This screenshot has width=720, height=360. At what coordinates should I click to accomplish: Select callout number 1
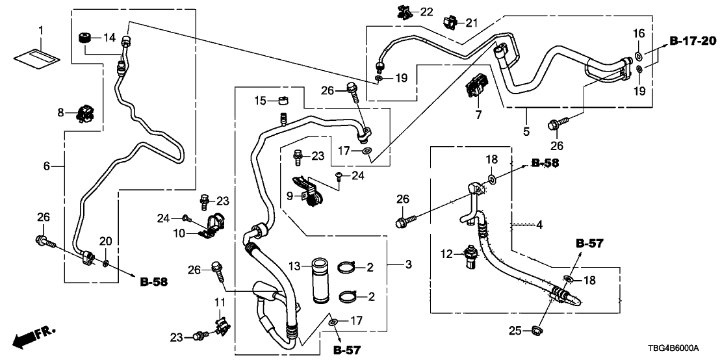[x=40, y=31]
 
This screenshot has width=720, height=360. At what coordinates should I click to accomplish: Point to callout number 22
[x=426, y=12]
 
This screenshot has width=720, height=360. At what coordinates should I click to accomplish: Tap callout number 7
[x=479, y=115]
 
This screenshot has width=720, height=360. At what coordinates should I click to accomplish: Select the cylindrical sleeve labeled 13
[x=321, y=281]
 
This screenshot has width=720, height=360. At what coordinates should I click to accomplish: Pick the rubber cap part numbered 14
[x=83, y=37]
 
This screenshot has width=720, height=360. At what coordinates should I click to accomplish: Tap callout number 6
[x=45, y=166]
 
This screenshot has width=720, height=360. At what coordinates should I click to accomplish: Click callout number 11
[x=218, y=302]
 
